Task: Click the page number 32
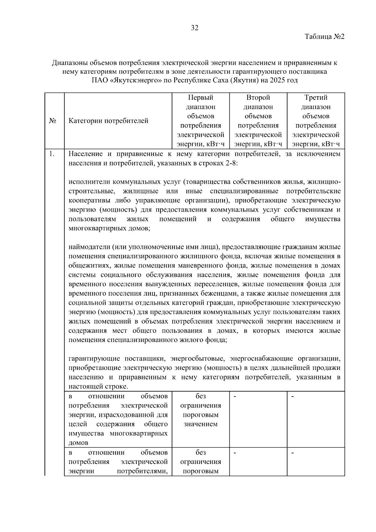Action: pyautogui.click(x=194, y=28)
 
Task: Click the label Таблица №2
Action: pyautogui.click(x=325, y=37)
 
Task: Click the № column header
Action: pyautogui.click(x=53, y=121)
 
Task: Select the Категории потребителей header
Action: pyautogui.click(x=108, y=121)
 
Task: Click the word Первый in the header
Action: pyautogui.click(x=201, y=97)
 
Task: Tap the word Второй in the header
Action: pyautogui.click(x=258, y=97)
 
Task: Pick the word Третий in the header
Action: pyautogui.click(x=316, y=97)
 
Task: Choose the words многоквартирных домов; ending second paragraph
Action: pyautogui.click(x=109, y=229)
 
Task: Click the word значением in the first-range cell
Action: pyautogui.click(x=201, y=424)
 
